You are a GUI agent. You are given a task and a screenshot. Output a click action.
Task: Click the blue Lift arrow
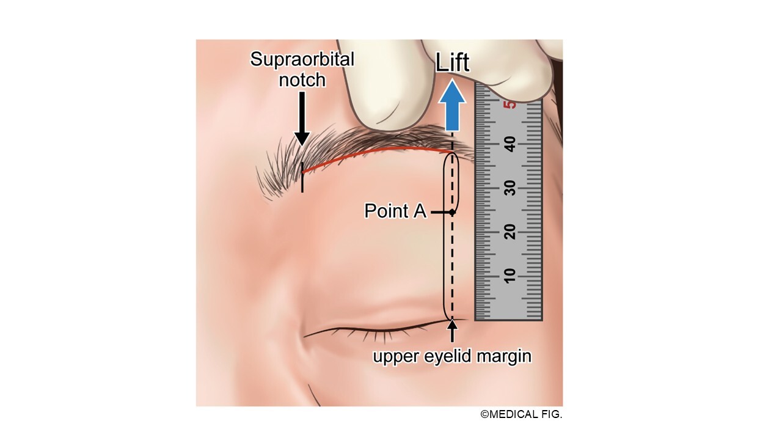pos(452,105)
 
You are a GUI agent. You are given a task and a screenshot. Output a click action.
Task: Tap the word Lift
pos(453,63)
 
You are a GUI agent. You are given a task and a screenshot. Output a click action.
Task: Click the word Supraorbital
pos(302,59)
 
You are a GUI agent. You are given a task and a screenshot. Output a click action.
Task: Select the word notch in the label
pos(302,80)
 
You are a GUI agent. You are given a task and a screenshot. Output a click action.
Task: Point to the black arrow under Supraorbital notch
pos(302,119)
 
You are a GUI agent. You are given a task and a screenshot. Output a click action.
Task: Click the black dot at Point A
pos(452,212)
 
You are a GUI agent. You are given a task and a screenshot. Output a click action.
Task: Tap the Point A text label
pos(395,211)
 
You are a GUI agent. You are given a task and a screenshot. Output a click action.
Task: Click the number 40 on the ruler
pos(510,144)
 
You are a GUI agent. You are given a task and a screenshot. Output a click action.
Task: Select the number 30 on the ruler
pos(510,188)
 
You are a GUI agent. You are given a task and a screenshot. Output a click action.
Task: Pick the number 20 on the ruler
pos(510,232)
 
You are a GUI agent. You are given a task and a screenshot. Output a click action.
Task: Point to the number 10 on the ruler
pos(510,276)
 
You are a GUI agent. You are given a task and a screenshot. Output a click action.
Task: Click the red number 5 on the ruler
pos(510,105)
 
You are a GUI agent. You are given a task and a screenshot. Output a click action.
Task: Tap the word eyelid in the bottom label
pos(447,357)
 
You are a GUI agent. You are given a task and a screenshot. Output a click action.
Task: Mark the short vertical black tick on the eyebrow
pos(302,177)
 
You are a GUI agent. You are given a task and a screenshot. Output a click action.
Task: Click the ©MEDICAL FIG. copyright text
pos(521,414)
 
